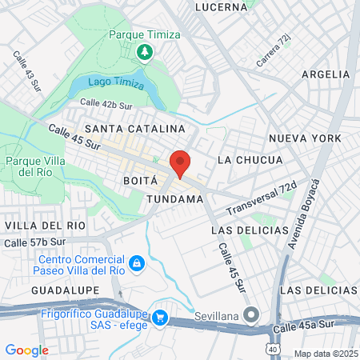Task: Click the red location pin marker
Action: (180, 162)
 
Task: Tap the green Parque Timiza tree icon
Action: (145, 53)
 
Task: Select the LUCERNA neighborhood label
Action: (221, 7)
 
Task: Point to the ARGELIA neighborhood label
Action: (326, 74)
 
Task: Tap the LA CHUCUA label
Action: (250, 160)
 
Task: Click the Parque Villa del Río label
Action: (30, 166)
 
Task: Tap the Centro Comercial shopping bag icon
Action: (137, 262)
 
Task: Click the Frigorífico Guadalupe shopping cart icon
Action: (160, 318)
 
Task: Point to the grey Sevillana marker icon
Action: (252, 316)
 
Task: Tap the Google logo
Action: (26, 350)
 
